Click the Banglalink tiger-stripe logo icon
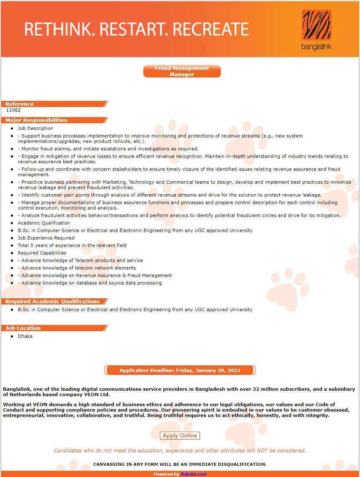[316, 25]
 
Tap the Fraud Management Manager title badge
[182, 71]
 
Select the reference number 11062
[13, 110]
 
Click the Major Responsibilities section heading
[36, 120]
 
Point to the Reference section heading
[20, 104]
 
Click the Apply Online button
[180, 436]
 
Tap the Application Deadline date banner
[180, 370]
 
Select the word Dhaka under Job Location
[25, 336]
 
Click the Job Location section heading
[23, 328]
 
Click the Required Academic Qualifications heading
[52, 301]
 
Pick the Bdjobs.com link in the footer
[193, 474]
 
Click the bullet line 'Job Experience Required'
[46, 238]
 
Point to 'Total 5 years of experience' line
[72, 245]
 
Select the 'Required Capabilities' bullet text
[42, 253]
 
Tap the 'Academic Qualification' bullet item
[44, 223]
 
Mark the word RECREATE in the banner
[210, 29]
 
